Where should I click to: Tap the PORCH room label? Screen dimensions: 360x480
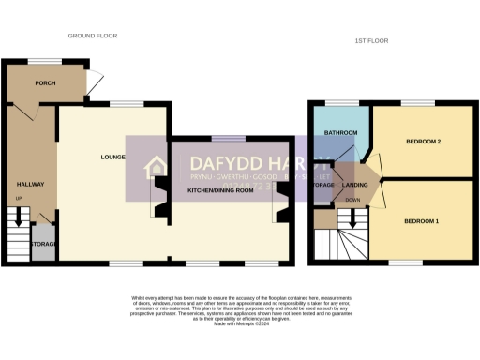click(x=44, y=83)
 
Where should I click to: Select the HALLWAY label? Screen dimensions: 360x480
click(x=30, y=184)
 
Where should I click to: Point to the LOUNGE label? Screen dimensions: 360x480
click(x=113, y=157)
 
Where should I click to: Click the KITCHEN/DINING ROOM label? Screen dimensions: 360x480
click(x=220, y=191)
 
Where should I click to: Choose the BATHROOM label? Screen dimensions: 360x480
click(x=340, y=133)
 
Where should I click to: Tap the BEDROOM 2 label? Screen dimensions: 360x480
click(x=423, y=142)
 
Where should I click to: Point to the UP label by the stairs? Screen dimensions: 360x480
click(x=19, y=199)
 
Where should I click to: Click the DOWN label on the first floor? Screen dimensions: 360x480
click(x=353, y=200)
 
